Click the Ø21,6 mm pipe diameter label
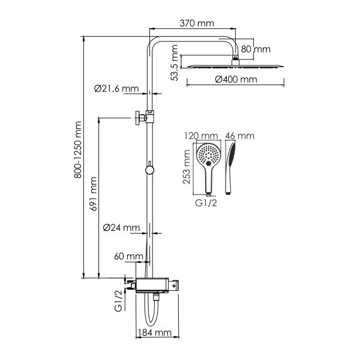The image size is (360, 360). [116, 88]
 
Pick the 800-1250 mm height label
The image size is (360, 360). [76, 157]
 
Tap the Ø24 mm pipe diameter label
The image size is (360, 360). [121, 228]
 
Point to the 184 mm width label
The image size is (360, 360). [154, 332]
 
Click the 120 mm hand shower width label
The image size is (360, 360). [201, 136]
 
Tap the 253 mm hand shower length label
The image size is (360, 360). [187, 167]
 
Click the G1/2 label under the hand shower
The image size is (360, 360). [208, 204]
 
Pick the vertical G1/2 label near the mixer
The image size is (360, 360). [118, 300]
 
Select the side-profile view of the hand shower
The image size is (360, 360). [231, 167]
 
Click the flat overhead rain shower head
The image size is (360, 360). [234, 65]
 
